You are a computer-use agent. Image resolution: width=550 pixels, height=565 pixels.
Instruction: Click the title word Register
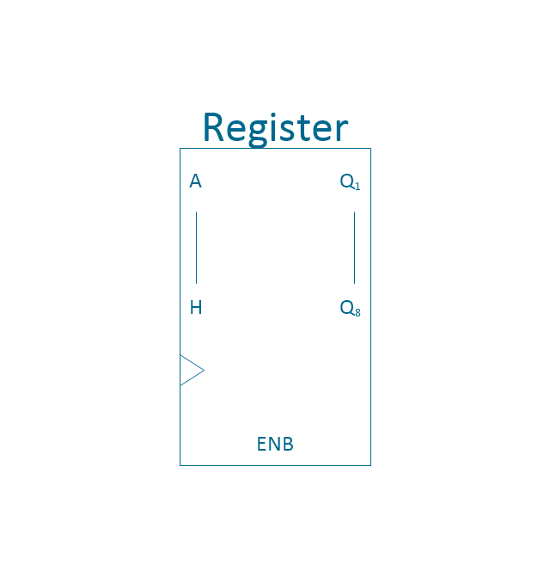[x=276, y=129]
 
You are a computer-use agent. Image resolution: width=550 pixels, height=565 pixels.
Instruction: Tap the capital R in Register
[x=213, y=126]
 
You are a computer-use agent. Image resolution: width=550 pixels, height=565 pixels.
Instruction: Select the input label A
[x=196, y=181]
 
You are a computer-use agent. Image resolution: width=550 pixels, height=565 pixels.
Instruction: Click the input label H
[x=196, y=308]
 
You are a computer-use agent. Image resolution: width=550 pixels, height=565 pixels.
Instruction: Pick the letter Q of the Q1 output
[x=347, y=181]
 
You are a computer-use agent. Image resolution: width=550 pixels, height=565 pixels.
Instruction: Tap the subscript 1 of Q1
[x=357, y=187]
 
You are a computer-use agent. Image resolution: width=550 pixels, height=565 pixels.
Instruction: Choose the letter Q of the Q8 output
[x=347, y=308]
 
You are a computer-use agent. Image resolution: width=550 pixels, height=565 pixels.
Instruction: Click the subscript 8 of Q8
[x=357, y=313]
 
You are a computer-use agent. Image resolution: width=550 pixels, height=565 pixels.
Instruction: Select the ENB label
[x=275, y=444]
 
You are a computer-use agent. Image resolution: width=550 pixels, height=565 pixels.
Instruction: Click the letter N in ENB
[x=274, y=444]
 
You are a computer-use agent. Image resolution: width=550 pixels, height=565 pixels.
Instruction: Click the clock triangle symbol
[x=192, y=371]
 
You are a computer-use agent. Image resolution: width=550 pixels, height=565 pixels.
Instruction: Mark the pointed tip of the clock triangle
[x=205, y=370]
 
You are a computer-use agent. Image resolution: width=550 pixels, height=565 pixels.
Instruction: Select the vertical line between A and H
[x=196, y=248]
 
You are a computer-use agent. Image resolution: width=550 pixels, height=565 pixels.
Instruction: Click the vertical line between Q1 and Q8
[x=354, y=248]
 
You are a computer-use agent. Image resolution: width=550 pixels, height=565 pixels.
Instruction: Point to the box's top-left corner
[x=180, y=149]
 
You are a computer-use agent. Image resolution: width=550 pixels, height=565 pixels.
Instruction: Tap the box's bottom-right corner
[x=370, y=465]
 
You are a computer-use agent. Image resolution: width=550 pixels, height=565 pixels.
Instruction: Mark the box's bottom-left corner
[x=180, y=465]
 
